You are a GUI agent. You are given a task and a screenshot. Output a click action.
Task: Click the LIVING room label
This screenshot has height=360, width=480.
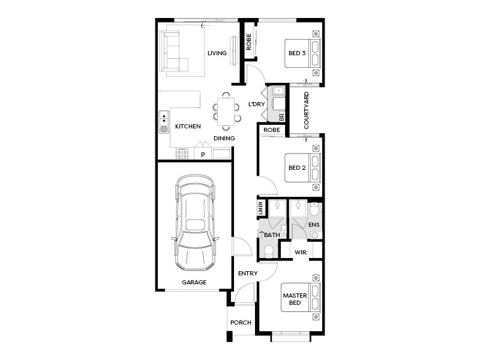pos(217,53)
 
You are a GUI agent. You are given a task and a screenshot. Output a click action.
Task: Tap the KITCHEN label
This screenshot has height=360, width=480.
pos(188,127)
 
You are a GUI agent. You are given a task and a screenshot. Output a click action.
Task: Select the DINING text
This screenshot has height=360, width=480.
pos(224,139)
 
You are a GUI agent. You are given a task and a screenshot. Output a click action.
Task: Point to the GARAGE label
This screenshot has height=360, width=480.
pos(194,282)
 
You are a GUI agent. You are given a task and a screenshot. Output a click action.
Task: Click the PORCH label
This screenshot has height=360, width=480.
pos(241,323)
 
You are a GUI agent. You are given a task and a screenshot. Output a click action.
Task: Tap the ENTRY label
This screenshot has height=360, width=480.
pos(248,274)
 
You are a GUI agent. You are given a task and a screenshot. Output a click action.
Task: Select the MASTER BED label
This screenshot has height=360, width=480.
pos(295,299)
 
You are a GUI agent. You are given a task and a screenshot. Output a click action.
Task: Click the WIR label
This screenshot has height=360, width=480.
pos(301,253)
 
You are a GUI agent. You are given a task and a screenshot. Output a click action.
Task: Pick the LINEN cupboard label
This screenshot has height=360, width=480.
pos(260,208)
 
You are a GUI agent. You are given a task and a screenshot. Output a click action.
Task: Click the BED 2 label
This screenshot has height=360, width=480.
pos(297,168)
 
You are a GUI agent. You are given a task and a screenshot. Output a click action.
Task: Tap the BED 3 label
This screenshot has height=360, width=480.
pos(297,53)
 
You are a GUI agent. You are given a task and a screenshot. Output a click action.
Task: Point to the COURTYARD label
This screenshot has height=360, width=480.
pos(306,111)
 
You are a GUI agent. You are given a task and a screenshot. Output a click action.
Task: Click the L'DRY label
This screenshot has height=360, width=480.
pos(256,104)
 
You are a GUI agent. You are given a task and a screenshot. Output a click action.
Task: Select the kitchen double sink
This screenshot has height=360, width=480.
pos(163,122)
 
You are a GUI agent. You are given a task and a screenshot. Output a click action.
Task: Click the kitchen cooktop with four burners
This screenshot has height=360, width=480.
pos(182,154)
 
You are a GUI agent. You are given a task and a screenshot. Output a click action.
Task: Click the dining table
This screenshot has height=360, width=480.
pos(226,111)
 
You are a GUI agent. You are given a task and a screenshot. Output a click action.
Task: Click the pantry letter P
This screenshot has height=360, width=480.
pos(203,154)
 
